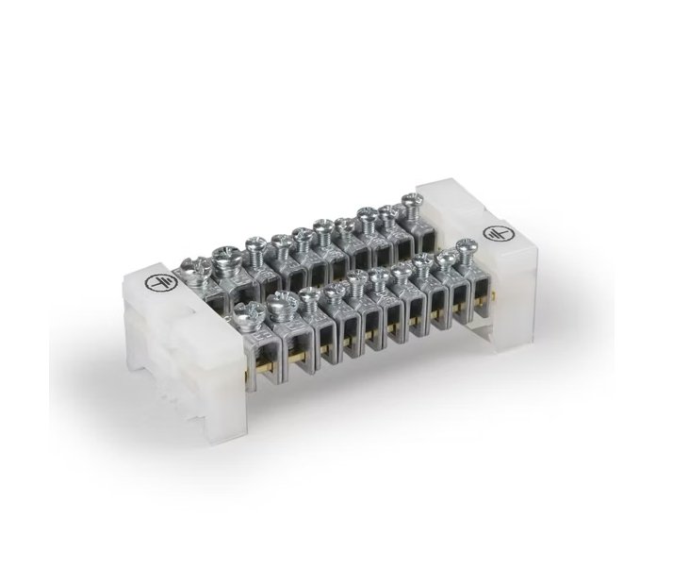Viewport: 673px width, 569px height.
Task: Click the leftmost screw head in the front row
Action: point(247,314)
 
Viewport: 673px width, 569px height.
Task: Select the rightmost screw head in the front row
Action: point(467,248)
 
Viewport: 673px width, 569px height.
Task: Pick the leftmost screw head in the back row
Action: point(193,269)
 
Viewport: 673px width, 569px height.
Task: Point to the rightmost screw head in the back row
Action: point(410,201)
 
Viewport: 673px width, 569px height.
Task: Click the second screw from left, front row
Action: point(278,305)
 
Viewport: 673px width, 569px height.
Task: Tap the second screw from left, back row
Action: point(224,256)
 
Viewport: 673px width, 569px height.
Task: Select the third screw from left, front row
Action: point(308,299)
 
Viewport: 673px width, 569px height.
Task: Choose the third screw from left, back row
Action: point(254,248)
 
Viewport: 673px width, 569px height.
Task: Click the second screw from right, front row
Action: point(446,256)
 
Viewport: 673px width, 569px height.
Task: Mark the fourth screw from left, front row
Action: point(333,292)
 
